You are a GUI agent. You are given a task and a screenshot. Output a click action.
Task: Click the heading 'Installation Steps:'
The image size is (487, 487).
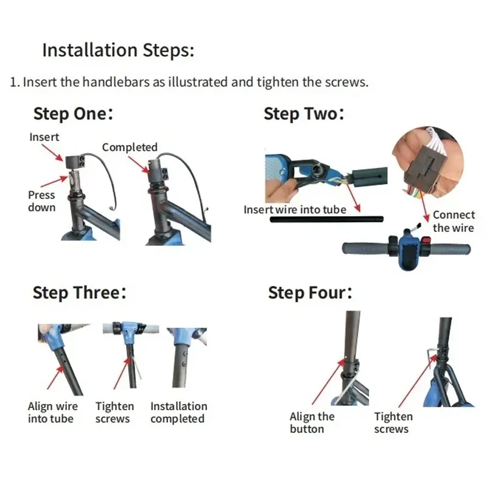[118, 51]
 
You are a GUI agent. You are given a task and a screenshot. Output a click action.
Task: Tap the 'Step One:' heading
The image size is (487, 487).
[73, 114]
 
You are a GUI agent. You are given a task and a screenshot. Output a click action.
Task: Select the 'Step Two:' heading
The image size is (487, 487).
[304, 114]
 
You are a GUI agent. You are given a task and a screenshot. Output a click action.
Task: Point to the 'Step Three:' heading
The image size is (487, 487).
[80, 293]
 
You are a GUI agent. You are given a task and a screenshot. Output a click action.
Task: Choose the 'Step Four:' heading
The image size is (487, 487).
[310, 293]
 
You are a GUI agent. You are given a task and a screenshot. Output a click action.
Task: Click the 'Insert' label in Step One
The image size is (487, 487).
[44, 137]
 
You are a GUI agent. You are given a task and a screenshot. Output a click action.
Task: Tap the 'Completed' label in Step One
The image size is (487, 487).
[130, 147]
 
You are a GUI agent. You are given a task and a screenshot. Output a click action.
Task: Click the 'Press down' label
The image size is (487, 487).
[41, 201]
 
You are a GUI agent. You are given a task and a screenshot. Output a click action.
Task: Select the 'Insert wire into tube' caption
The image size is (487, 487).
[295, 209]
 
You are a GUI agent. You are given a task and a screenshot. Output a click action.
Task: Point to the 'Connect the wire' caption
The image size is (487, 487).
[454, 221]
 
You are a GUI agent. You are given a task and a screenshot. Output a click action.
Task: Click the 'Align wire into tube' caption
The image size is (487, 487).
[53, 413]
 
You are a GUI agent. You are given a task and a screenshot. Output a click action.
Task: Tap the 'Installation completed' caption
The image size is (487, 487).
[178, 413]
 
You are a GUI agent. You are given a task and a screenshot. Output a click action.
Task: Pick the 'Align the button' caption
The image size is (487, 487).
[312, 422]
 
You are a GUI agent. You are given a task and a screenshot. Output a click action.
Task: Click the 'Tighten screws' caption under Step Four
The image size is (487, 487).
[393, 422]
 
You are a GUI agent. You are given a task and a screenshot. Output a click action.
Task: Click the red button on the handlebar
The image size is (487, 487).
[426, 241]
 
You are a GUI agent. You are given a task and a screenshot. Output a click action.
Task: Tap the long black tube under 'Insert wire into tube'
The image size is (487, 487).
[327, 219]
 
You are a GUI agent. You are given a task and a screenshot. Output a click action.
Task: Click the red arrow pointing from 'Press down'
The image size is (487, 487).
[54, 181]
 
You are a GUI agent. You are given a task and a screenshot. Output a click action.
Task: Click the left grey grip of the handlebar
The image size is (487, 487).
[365, 249]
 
